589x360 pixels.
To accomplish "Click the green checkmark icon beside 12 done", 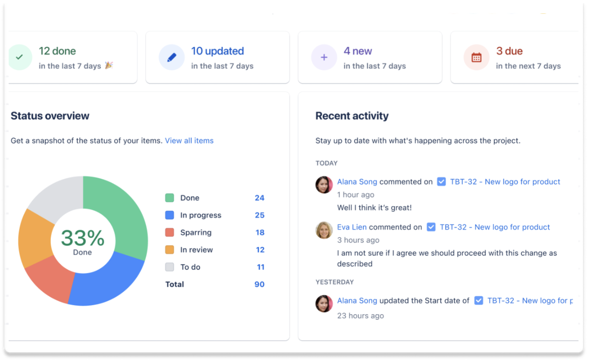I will [19, 58].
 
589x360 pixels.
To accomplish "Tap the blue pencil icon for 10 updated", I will [172, 58].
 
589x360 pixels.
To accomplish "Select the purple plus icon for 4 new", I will [324, 58].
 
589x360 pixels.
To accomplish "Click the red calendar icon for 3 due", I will [476, 58].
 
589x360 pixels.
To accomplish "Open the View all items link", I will [189, 141].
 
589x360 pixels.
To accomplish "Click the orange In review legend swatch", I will [169, 250].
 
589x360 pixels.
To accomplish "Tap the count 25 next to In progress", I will [259, 215].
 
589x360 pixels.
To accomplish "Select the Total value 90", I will [259, 284].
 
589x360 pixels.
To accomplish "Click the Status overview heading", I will [50, 116].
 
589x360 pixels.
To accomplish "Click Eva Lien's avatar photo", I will [324, 230].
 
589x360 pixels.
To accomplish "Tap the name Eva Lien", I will [352, 227].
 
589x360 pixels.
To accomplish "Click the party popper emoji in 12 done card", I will [109, 65].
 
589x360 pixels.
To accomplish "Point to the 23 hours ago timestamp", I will [360, 316].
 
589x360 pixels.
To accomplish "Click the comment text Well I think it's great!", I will [374, 207].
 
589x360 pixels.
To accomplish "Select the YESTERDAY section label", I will [334, 282].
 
